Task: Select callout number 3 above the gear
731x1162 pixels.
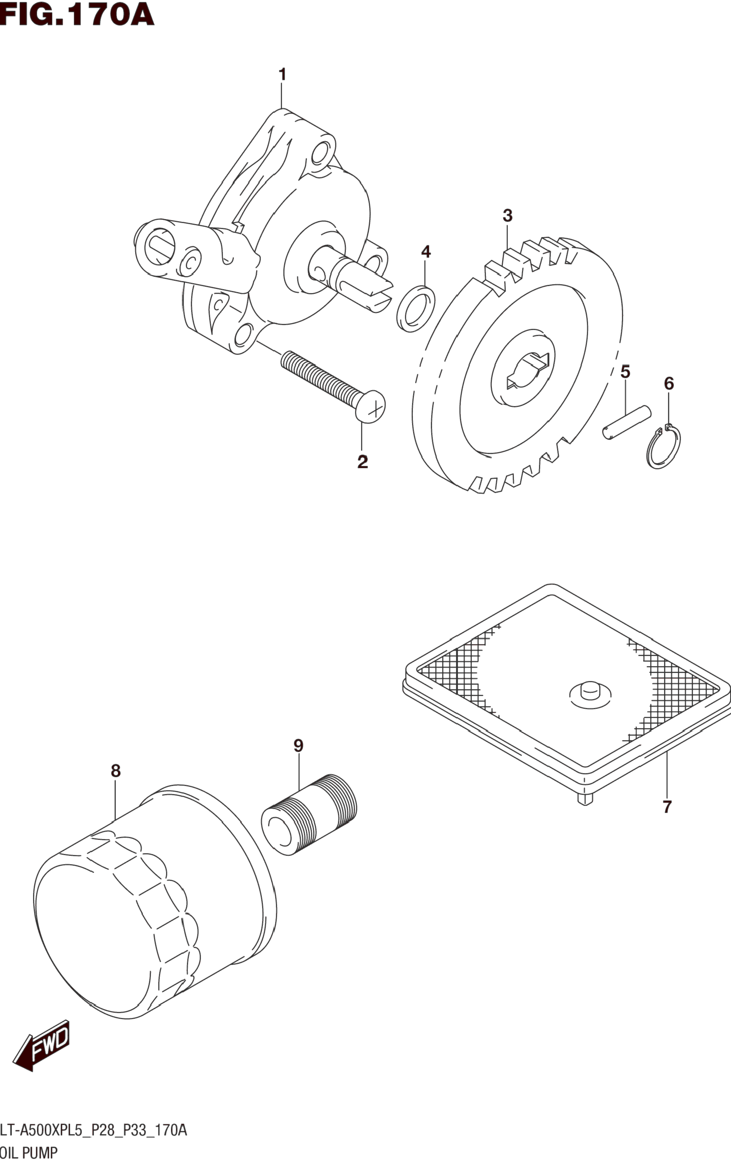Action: pos(507,216)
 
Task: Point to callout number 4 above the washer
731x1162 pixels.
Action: pos(425,252)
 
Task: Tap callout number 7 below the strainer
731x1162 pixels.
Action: pos(667,806)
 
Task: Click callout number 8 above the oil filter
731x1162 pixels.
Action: pos(116,771)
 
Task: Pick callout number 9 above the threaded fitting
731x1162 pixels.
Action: pos(298,745)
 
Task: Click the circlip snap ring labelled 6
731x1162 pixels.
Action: pos(664,447)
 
